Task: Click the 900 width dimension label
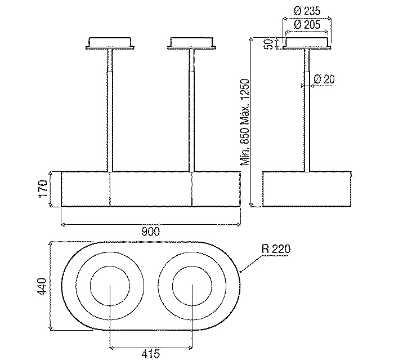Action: [x=150, y=232]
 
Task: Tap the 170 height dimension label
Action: [x=43, y=189]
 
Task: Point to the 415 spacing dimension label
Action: [x=150, y=354]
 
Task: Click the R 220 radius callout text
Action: [x=276, y=249]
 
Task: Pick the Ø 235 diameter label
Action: [x=307, y=11]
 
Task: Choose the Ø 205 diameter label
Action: [x=307, y=25]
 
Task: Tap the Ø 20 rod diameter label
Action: [x=324, y=79]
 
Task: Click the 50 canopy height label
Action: [x=269, y=44]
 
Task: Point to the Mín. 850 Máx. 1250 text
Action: [x=244, y=122]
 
